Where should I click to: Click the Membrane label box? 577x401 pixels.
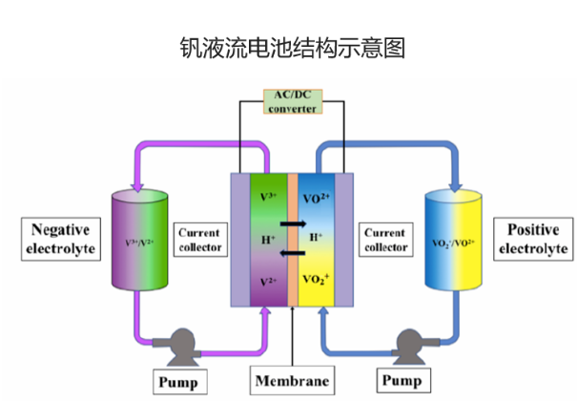click(x=293, y=381)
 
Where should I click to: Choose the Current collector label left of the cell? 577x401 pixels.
click(x=199, y=242)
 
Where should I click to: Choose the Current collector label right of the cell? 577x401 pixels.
click(x=384, y=242)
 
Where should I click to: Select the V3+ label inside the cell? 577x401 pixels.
click(x=269, y=197)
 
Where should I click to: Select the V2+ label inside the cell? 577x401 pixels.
click(x=269, y=283)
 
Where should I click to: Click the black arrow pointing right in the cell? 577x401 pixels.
click(x=293, y=223)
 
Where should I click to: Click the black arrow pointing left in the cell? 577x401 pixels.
click(x=293, y=252)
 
